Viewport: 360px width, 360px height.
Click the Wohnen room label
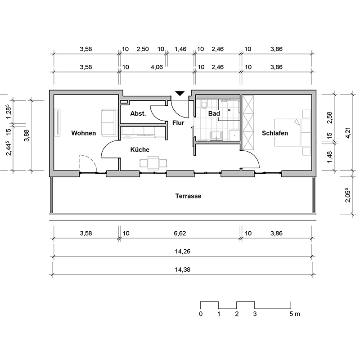pos(84,133)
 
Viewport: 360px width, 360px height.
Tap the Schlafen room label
pos(275,133)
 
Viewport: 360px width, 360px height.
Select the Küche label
pos(140,150)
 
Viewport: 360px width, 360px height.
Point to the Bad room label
pos(214,113)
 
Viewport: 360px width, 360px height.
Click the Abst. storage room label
pos(138,113)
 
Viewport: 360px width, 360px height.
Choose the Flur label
pos(178,123)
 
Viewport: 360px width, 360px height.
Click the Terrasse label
pos(188,196)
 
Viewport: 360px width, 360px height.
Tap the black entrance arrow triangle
pos(180,94)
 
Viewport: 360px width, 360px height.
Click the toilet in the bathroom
pos(204,104)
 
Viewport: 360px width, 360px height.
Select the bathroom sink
pos(216,135)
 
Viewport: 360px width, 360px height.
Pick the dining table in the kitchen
pos(153,163)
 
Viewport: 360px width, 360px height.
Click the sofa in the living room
pos(109,122)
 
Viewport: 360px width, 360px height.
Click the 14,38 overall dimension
pos(183,270)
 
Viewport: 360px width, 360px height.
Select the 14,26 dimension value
pos(183,252)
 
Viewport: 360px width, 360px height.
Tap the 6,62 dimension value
pos(180,234)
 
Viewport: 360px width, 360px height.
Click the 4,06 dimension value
pos(157,67)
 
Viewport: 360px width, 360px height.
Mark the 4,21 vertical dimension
pos(348,133)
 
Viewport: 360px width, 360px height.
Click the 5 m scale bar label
pos(295,314)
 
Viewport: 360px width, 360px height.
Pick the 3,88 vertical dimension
pos(27,135)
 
